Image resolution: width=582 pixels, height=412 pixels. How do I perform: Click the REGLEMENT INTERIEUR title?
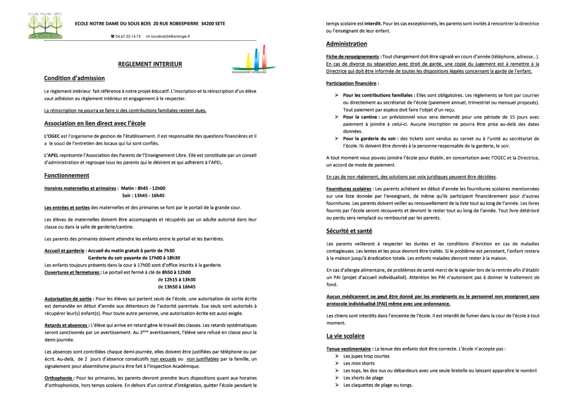[150, 64]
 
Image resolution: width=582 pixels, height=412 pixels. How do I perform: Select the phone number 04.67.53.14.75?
[128, 36]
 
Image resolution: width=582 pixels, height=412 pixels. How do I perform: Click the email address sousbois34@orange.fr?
[170, 36]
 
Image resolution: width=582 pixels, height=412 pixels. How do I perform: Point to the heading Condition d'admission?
[74, 78]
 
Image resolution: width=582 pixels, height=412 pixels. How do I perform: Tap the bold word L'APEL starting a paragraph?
[51, 155]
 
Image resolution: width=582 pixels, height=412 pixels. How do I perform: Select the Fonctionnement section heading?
[67, 175]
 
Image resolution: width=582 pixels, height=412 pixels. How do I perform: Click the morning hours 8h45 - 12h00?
[151, 188]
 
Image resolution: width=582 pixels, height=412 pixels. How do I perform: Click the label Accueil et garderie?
[64, 251]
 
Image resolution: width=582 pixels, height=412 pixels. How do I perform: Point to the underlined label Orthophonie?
[59, 378]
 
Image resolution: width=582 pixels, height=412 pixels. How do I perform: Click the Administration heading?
[346, 44]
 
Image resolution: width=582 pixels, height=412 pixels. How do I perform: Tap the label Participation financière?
[351, 83]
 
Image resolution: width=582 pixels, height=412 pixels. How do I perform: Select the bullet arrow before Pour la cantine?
[337, 117]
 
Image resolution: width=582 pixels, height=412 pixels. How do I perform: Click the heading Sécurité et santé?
[349, 231]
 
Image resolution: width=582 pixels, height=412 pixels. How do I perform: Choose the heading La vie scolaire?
[345, 336]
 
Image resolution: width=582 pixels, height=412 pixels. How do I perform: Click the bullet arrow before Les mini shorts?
[337, 364]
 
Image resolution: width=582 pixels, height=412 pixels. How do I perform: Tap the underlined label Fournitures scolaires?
[349, 189]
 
